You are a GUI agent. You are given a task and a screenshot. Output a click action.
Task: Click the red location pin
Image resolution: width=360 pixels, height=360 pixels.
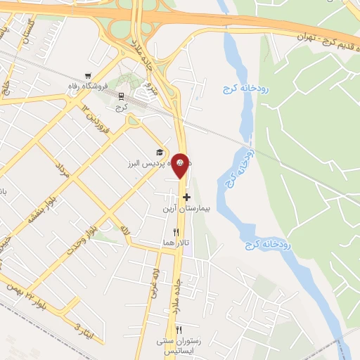(x=181, y=166)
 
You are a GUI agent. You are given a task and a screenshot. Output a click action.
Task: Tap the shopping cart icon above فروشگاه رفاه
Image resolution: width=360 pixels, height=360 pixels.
(x=87, y=75)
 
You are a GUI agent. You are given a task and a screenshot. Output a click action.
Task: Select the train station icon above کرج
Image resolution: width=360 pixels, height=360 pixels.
(x=122, y=96)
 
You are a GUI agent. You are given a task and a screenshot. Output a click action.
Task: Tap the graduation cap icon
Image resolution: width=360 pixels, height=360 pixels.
(x=160, y=153)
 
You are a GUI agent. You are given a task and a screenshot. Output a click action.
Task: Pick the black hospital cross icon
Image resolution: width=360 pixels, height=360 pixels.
(x=186, y=198)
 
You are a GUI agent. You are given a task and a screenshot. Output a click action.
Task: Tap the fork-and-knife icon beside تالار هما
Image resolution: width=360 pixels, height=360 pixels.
(x=176, y=231)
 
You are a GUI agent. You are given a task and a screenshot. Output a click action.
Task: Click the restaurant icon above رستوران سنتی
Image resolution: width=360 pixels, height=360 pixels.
(x=179, y=329)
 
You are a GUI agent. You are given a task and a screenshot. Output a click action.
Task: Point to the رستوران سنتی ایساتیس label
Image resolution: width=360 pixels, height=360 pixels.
(x=179, y=345)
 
